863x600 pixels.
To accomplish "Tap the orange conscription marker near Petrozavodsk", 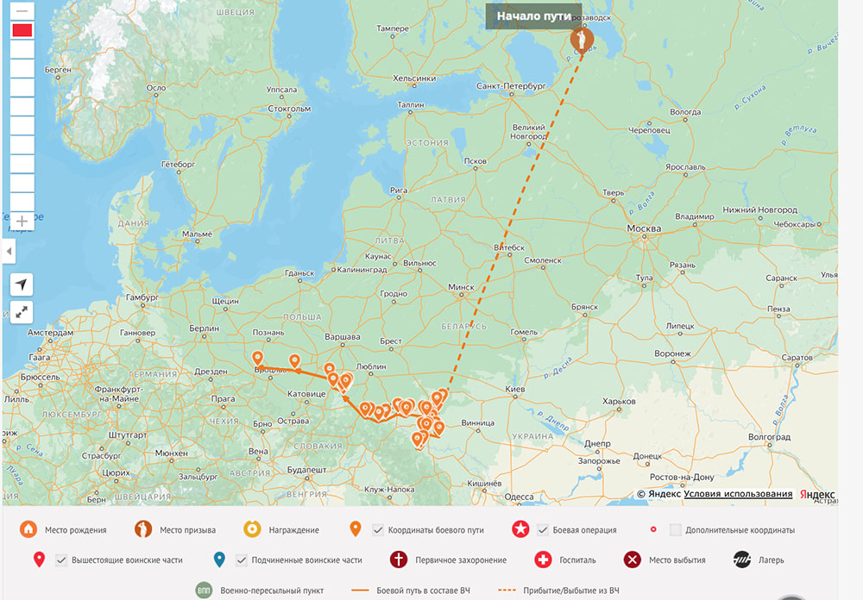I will click(583, 39).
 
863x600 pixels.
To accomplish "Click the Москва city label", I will click(643, 228).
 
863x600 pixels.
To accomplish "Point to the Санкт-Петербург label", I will click(512, 86).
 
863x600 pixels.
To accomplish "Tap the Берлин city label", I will click(205, 328).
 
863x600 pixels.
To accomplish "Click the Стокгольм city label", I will click(288, 109).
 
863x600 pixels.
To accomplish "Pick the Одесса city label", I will click(519, 497).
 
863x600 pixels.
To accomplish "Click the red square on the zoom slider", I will click(22, 31).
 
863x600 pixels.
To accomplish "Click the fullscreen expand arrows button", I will click(22, 312).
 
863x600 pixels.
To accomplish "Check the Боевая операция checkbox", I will click(544, 529).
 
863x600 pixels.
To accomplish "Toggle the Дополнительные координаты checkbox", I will click(676, 529).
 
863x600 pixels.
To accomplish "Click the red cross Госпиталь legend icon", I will click(543, 559).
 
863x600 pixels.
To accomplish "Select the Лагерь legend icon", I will click(741, 559).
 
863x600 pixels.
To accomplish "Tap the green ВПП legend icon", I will click(204, 591).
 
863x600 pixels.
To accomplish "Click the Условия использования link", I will click(738, 494).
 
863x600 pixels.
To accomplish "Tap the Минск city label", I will click(462, 287).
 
